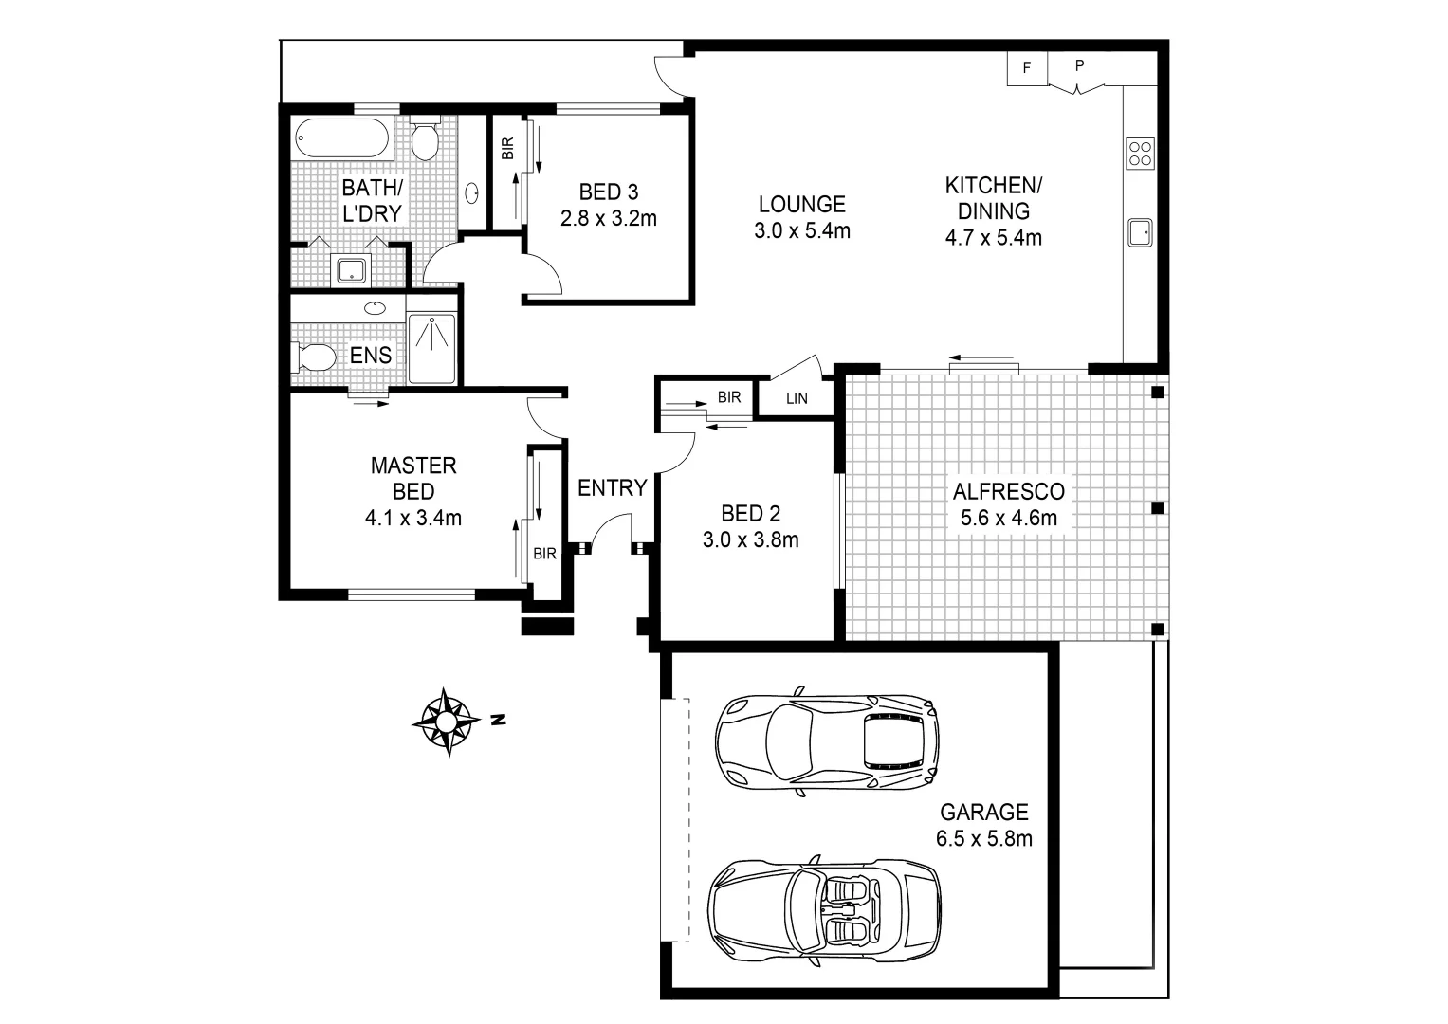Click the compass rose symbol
[445, 722]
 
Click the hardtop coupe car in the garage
[827, 740]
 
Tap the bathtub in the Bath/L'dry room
[341, 139]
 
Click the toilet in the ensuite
[313, 357]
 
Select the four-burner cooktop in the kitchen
[1139, 153]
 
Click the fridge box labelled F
[1026, 68]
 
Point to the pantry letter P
[1079, 66]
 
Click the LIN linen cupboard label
[797, 398]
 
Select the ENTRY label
[612, 488]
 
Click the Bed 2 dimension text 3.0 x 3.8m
[750, 540]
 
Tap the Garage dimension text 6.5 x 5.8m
[983, 838]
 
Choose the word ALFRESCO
[1008, 491]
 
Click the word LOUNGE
[801, 204]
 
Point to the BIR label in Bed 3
[506, 147]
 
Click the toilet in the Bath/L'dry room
[425, 140]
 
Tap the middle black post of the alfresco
[1157, 508]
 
